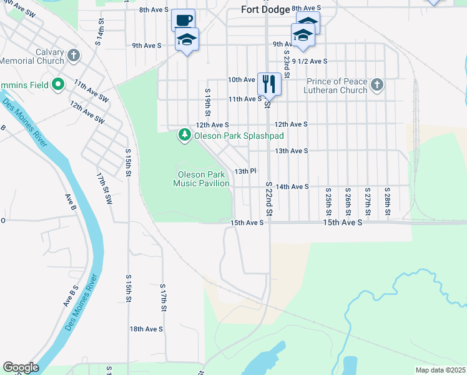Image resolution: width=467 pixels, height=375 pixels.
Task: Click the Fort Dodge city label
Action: [266, 9]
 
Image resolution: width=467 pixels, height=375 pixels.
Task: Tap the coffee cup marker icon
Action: [183, 20]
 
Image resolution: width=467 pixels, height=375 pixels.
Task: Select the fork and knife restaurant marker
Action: [269, 83]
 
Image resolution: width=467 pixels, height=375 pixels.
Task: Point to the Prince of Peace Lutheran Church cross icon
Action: [376, 85]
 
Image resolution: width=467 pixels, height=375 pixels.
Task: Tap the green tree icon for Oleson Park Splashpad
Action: [184, 135]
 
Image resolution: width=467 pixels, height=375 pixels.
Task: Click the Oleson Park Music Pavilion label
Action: [201, 179]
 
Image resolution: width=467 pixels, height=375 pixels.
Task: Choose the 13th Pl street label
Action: [245, 171]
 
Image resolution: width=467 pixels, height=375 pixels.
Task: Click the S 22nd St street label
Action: [269, 200]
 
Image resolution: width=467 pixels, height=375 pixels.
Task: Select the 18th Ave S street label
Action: [146, 329]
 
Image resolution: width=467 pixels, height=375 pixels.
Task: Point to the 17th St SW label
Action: [103, 189]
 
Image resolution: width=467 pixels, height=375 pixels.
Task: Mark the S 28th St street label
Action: [387, 201]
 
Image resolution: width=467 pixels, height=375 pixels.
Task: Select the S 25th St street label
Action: [328, 201]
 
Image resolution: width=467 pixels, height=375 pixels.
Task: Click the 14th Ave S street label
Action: [292, 187]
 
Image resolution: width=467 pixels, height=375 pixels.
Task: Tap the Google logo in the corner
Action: [21, 367]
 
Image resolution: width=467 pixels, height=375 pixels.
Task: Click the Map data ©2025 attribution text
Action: [440, 370]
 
